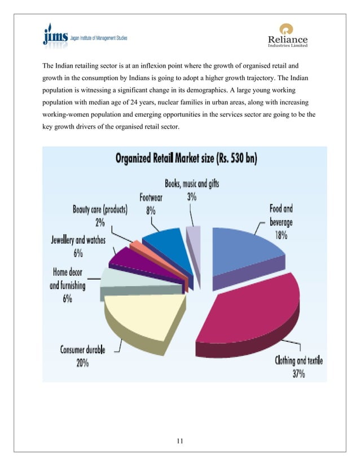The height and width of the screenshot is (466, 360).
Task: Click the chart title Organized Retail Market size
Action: pos(186,159)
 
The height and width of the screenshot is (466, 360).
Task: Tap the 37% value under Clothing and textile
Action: pos(298,373)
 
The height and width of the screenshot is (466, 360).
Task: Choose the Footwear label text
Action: pos(152,198)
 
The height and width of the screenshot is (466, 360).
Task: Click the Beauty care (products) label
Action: pos(100,209)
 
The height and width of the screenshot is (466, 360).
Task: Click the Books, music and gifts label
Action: pos(192,183)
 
